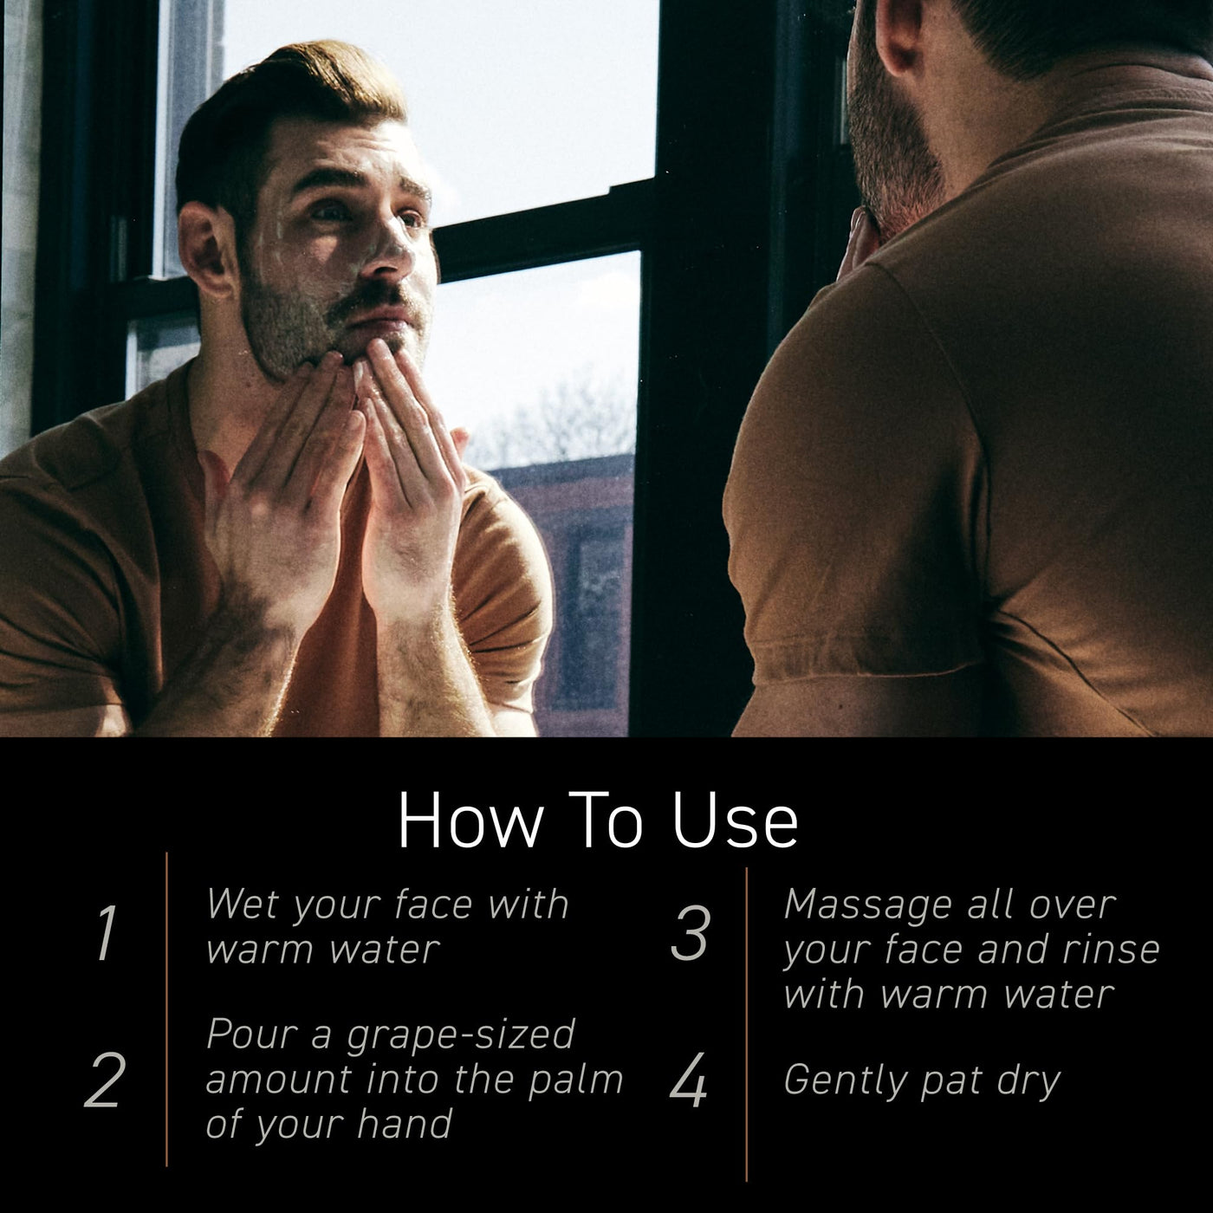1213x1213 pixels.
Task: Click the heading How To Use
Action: click(597, 821)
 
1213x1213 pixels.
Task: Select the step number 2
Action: click(105, 1080)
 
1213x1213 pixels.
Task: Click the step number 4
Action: click(688, 1080)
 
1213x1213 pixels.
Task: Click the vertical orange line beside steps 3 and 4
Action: click(747, 1024)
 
